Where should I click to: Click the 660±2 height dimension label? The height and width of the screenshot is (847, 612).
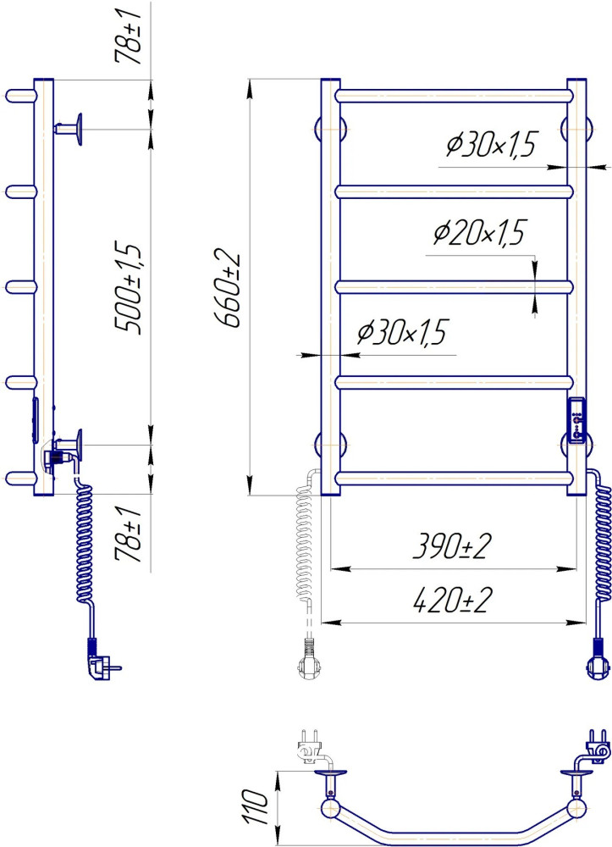229,288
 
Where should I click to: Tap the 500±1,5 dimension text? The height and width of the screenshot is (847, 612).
128,289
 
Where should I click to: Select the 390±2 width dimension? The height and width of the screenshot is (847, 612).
452,547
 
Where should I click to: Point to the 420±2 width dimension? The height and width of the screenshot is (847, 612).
452,601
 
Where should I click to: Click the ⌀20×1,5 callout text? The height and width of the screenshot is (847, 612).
479,234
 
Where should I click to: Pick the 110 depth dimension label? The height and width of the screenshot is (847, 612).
256,807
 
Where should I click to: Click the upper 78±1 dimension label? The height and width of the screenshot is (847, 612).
128,36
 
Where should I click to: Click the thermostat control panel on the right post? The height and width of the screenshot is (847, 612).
577,421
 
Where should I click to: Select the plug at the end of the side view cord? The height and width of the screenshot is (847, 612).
102,660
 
